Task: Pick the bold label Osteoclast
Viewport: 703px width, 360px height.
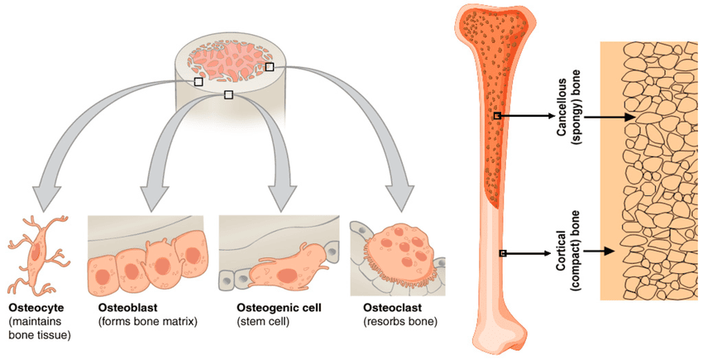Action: coord(388,308)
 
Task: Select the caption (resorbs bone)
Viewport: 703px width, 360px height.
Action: coord(399,321)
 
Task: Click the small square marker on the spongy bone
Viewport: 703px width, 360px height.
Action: coord(496,116)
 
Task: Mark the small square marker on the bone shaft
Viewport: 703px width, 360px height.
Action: coord(502,252)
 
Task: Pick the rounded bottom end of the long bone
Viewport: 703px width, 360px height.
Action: coord(500,335)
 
